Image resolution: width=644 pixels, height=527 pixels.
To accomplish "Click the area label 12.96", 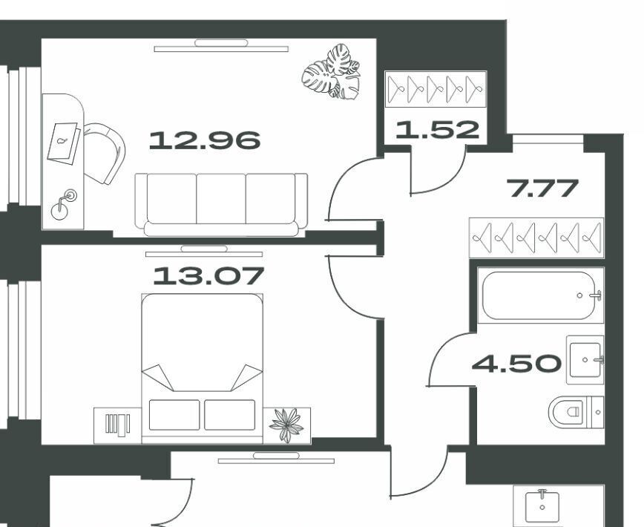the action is pyautogui.click(x=205, y=140).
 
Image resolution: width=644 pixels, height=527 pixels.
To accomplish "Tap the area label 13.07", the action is pyautogui.click(x=208, y=275).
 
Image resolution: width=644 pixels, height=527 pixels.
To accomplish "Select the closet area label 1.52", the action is pyautogui.click(x=438, y=129).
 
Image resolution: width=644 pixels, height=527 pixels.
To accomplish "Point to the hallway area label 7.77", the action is pyautogui.click(x=542, y=188).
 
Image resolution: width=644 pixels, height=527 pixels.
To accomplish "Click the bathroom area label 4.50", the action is pyautogui.click(x=516, y=364).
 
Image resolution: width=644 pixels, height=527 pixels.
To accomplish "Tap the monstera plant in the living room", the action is pyautogui.click(x=331, y=72).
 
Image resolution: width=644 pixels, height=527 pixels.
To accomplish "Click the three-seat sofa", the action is pyautogui.click(x=221, y=205).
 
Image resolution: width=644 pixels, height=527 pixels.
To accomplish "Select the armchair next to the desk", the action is pyautogui.click(x=105, y=153).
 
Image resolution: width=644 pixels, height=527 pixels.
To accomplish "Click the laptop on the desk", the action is pyautogui.click(x=64, y=143).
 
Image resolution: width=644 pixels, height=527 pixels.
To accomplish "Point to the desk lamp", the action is pyautogui.click(x=64, y=205).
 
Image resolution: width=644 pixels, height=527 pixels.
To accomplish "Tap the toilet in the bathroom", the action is pyautogui.click(x=576, y=412).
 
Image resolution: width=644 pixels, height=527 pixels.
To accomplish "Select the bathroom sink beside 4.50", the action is pyautogui.click(x=585, y=360).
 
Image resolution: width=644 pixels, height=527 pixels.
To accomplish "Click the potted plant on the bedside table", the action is pyautogui.click(x=286, y=425).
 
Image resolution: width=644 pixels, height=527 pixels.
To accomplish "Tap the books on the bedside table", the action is pyautogui.click(x=117, y=425).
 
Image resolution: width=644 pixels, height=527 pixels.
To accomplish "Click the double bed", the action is pyautogui.click(x=202, y=368).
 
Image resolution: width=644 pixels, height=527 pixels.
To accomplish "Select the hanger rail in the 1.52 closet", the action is pyautogui.click(x=436, y=89).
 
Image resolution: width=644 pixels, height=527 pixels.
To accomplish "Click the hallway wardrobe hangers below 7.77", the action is pyautogui.click(x=536, y=238).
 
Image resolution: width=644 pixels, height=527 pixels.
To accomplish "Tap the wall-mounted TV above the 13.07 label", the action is pyautogui.click(x=204, y=252).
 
